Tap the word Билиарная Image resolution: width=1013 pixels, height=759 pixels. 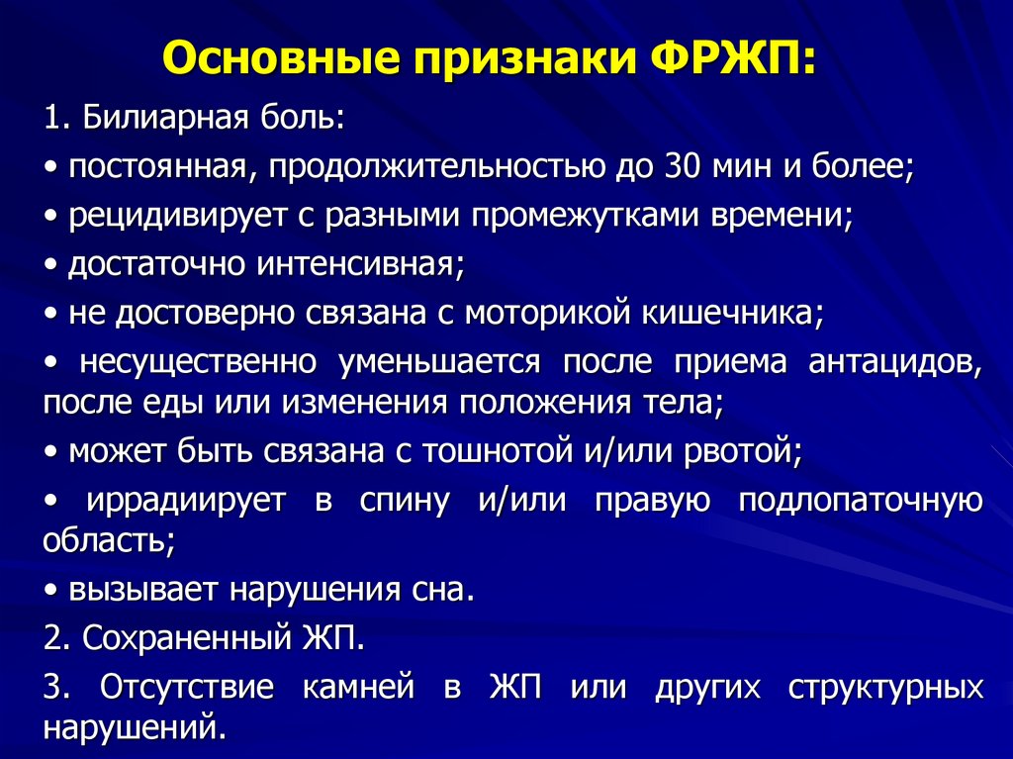pos(165,118)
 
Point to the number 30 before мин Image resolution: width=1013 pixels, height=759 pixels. pos(683,167)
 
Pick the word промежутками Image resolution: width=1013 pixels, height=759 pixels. pos(584,216)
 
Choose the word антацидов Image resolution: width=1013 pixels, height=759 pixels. pos(895,362)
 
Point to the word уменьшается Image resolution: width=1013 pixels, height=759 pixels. pos(439,362)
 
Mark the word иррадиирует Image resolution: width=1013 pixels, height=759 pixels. pos(186,501)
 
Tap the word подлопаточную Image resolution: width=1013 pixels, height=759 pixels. pos(861,501)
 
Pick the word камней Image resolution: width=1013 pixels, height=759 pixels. pos(358,687)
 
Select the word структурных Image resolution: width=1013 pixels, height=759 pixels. pos(885,688)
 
